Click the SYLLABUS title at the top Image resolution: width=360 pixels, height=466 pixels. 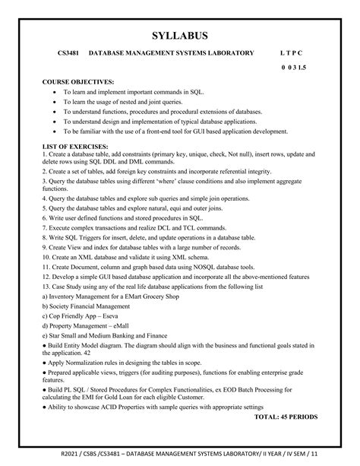180,35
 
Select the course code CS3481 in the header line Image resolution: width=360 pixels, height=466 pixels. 72,54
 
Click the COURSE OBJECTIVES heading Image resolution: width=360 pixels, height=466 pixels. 78,81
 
